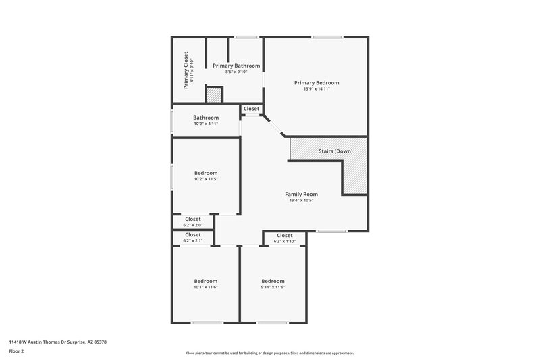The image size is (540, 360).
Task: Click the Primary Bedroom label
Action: pyautogui.click(x=316, y=83)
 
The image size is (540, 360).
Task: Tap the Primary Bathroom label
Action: pyautogui.click(x=236, y=66)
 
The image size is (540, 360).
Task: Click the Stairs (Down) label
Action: pyautogui.click(x=335, y=151)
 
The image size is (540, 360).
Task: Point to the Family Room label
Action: pyautogui.click(x=301, y=194)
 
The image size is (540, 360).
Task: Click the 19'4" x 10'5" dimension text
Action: pyautogui.click(x=301, y=201)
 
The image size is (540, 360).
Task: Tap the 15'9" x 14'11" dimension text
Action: pyautogui.click(x=316, y=89)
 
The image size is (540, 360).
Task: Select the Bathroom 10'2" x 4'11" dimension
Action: pyautogui.click(x=206, y=124)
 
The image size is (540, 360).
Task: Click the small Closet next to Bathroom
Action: pyautogui.click(x=251, y=109)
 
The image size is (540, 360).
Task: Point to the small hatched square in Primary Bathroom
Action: pyautogui.click(x=215, y=95)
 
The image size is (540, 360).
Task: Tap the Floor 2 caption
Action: pyautogui.click(x=16, y=351)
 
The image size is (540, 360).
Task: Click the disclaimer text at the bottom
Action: pyautogui.click(x=269, y=353)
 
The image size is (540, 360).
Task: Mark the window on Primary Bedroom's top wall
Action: pyautogui.click(x=322, y=37)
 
